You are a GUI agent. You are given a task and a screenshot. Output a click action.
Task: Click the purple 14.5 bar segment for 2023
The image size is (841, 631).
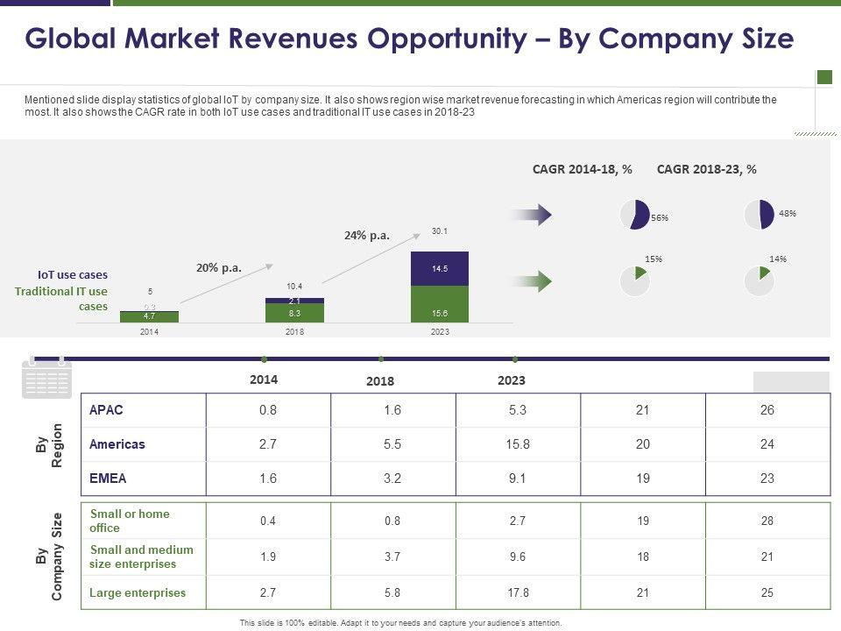(x=440, y=268)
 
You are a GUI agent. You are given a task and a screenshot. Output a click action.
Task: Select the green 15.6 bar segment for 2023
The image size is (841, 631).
(x=440, y=303)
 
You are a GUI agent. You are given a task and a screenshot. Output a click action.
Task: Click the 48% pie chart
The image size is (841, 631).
(x=760, y=215)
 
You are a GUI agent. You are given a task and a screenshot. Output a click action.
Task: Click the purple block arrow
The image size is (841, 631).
(x=531, y=214)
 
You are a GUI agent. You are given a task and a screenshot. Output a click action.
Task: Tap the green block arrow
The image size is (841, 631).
(x=531, y=280)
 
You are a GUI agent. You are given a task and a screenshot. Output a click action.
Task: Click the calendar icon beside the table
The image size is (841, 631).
(x=46, y=379)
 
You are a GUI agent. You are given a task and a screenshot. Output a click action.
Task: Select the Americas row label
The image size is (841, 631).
(x=117, y=444)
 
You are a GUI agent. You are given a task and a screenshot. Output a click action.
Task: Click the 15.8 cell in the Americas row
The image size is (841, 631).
(x=518, y=444)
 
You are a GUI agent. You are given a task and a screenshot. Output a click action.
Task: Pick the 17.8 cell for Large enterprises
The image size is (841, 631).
(x=518, y=592)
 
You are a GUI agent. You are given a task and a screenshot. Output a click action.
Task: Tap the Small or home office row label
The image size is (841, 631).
(x=130, y=521)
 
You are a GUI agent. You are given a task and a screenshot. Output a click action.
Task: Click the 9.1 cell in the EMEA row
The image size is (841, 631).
(x=518, y=479)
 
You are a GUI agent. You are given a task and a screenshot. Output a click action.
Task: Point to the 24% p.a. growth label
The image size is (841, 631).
(x=366, y=235)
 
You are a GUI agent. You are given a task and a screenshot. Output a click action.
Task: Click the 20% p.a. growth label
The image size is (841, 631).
(x=219, y=268)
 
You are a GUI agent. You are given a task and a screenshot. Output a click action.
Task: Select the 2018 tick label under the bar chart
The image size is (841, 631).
(x=294, y=332)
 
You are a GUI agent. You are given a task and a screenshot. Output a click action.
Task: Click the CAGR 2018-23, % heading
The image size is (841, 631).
(x=706, y=169)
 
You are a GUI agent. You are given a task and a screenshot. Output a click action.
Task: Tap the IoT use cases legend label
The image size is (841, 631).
(x=73, y=274)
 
